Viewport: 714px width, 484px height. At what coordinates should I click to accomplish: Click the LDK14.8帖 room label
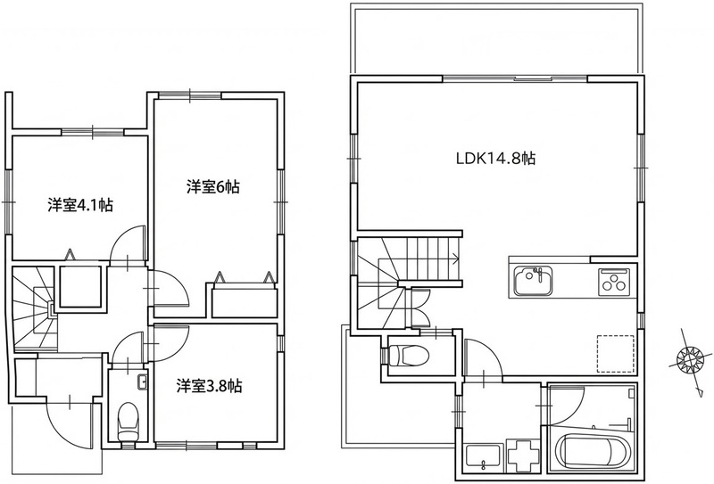click(495, 159)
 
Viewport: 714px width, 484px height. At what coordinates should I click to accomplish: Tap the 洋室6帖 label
click(213, 187)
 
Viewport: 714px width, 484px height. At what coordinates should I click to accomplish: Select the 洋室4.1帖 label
click(80, 205)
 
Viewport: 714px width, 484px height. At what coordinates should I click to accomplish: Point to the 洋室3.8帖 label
click(210, 386)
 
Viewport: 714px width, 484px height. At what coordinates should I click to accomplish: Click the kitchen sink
click(533, 281)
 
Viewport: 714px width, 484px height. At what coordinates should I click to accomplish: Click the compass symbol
click(687, 359)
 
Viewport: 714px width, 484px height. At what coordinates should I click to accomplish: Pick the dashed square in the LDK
click(615, 354)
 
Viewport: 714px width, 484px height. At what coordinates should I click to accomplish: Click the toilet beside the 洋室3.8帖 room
click(128, 422)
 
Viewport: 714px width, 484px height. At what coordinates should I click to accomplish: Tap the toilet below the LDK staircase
click(408, 355)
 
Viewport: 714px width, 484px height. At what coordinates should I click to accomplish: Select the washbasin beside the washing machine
click(483, 458)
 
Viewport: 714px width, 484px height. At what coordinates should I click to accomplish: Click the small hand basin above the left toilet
click(143, 381)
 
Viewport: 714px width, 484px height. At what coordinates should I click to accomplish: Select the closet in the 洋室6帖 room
click(245, 299)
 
